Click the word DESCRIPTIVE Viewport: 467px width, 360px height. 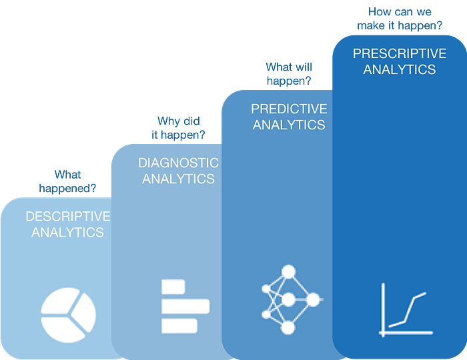pyautogui.click(x=68, y=217)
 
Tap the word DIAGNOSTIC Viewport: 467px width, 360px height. pyautogui.click(x=178, y=163)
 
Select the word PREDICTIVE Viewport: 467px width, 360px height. pyautogui.click(x=289, y=109)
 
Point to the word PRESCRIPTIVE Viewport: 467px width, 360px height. pyautogui.click(x=399, y=53)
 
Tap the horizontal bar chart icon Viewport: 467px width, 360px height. pyautogui.click(x=184, y=307)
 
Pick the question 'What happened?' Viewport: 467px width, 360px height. pyautogui.click(x=67, y=181)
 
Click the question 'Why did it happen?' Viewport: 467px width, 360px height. pyautogui.click(x=179, y=127)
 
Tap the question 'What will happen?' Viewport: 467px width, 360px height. pyautogui.click(x=288, y=73)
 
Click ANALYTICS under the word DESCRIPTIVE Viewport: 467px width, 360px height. pyautogui.click(x=68, y=233)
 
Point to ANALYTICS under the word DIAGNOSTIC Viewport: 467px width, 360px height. pyautogui.click(x=178, y=179)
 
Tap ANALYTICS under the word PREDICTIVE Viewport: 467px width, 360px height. pyautogui.click(x=289, y=125)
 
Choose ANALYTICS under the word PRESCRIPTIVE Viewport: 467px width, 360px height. pyautogui.click(x=399, y=69)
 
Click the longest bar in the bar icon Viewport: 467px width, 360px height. pyautogui.click(x=185, y=307)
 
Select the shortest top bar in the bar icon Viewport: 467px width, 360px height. pyautogui.click(x=173, y=287)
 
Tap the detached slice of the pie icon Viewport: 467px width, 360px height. pyautogui.click(x=85, y=312)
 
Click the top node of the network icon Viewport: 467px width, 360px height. pyautogui.click(x=289, y=272)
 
